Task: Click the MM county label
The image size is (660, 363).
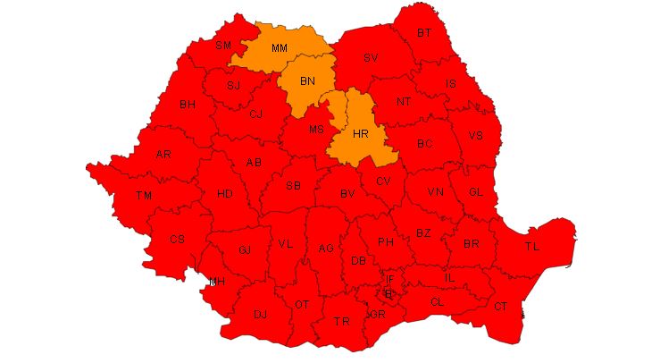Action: pyautogui.click(x=279, y=47)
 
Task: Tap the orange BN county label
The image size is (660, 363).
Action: pyautogui.click(x=307, y=81)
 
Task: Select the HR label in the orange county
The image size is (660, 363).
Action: pyautogui.click(x=361, y=133)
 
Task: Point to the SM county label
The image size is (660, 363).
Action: pyautogui.click(x=223, y=46)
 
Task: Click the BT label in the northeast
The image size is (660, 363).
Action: pyautogui.click(x=424, y=33)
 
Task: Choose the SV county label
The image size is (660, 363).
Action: pyautogui.click(x=371, y=59)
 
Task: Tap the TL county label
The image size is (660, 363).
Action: pyautogui.click(x=532, y=246)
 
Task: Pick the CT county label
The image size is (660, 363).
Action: pyautogui.click(x=500, y=307)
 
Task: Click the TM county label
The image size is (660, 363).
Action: pyautogui.click(x=144, y=195)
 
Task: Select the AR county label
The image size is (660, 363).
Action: pyautogui.click(x=163, y=155)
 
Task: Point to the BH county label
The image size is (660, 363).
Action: pyautogui.click(x=188, y=105)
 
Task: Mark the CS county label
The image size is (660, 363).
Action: pyautogui.click(x=177, y=239)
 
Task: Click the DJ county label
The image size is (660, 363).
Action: pyautogui.click(x=261, y=315)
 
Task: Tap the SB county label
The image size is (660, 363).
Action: pyautogui.click(x=293, y=186)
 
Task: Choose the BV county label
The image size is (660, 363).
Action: pyautogui.click(x=347, y=193)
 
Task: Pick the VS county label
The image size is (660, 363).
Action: pyautogui.click(x=475, y=136)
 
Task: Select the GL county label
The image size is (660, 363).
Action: pyautogui.click(x=476, y=192)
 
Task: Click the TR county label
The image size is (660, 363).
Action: pyautogui.click(x=341, y=322)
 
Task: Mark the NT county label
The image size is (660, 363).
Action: pyautogui.click(x=404, y=102)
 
